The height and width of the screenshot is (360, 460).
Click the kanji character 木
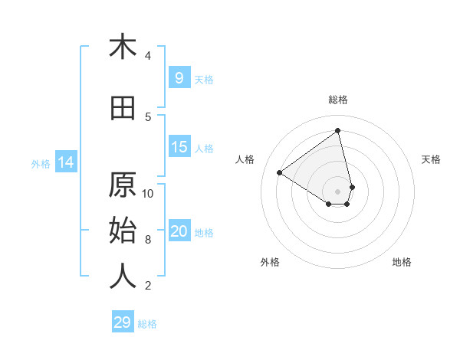123,47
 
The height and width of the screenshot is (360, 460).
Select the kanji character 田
123,108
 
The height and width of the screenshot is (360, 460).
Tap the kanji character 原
123,186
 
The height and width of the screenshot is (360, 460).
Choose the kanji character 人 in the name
123,277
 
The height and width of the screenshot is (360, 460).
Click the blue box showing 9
179,78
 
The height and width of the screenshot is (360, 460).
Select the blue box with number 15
179,147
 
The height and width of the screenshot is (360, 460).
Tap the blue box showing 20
179,232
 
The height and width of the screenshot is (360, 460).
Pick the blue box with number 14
65,162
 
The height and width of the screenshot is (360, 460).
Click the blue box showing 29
123,322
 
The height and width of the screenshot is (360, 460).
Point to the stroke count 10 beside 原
148,193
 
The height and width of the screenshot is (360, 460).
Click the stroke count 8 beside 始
148,240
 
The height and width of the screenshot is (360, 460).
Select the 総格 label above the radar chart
337,100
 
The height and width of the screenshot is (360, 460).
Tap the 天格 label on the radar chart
431,159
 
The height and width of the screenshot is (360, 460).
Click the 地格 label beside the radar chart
402,262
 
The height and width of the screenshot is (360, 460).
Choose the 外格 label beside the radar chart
270,262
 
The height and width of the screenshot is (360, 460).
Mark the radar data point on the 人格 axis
280,172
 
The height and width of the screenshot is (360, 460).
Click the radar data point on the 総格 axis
337,131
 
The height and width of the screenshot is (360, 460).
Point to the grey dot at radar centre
337,191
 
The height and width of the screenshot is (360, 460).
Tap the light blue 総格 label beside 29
147,324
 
